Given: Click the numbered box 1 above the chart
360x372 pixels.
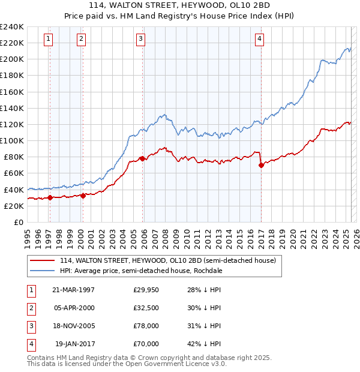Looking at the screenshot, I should (x=48, y=40).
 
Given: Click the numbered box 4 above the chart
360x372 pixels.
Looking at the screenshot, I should (x=260, y=40).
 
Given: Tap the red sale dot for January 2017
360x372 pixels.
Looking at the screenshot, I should (x=261, y=165).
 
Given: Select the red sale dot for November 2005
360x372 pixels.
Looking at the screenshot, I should (x=142, y=158).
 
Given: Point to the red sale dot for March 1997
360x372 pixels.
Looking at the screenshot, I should (x=50, y=197).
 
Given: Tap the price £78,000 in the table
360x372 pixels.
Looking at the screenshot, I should (x=146, y=326).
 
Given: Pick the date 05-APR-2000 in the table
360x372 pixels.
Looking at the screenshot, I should (x=74, y=308).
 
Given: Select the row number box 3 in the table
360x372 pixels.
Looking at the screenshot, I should (x=31, y=326).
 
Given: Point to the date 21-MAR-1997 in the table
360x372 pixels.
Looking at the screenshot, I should (x=74, y=290).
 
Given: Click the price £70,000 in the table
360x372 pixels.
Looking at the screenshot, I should (x=146, y=344).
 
